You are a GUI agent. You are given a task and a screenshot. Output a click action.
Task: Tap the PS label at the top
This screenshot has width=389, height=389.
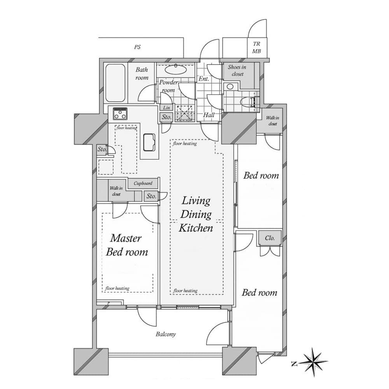(137, 47)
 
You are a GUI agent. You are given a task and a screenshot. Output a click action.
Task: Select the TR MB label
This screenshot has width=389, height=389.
(256, 48)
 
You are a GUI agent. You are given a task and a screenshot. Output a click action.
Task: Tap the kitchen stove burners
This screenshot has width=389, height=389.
(120, 114)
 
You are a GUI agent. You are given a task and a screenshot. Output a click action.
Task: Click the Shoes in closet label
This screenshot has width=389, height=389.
(237, 70)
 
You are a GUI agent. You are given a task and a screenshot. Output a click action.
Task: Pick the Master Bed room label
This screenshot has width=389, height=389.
(126, 245)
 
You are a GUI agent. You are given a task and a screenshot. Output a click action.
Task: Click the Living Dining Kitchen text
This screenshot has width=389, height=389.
(196, 214)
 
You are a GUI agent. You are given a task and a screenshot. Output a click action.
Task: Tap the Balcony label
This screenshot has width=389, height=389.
(166, 334)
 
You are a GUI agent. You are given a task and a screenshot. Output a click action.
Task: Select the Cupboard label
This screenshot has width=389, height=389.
(143, 183)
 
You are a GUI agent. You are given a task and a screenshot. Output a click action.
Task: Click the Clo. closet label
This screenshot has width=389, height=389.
(270, 238)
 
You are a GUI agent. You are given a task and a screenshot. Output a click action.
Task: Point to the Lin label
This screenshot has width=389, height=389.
(166, 108)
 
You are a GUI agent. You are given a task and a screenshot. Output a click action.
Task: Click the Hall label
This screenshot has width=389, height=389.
(209, 115)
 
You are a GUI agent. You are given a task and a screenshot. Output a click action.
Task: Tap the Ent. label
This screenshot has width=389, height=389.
(204, 79)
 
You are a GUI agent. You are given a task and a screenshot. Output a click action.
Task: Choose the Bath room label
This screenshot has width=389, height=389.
(142, 74)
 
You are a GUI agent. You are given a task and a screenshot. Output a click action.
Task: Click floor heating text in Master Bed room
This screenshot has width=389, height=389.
(117, 288)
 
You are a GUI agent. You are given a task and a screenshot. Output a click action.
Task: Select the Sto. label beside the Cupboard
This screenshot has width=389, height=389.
(151, 196)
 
